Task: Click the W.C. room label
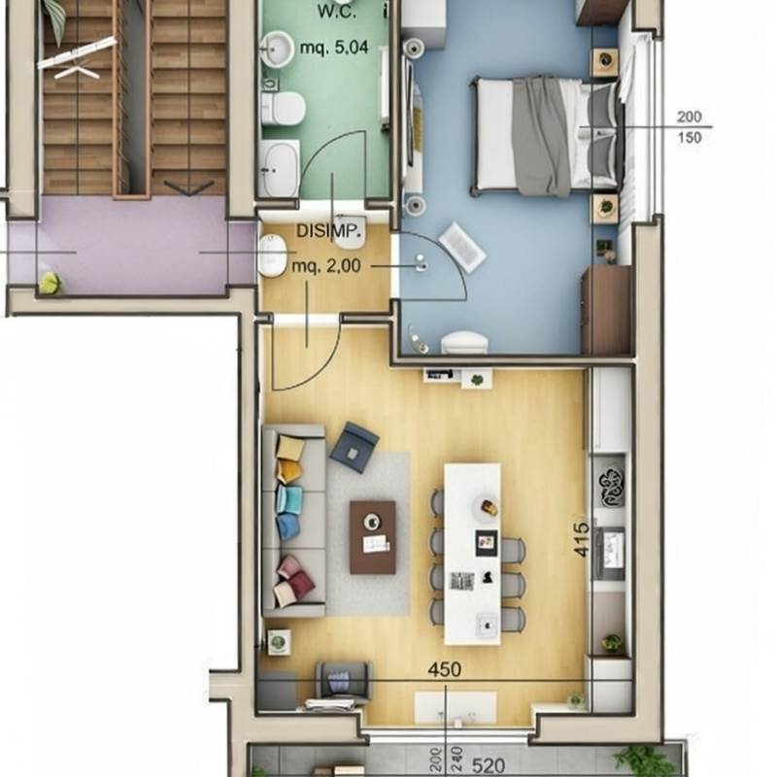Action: click(336, 12)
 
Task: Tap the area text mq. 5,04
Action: click(334, 48)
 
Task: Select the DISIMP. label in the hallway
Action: click(328, 231)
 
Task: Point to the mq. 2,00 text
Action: click(326, 266)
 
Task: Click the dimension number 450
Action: click(445, 670)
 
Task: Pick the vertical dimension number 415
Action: click(582, 539)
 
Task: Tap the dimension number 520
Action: click(489, 765)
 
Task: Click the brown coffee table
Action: click(373, 537)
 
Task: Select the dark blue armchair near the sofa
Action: click(354, 447)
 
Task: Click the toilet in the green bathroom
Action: click(283, 108)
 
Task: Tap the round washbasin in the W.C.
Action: click(277, 50)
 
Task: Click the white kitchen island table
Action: click(472, 554)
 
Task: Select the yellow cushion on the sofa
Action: click(290, 448)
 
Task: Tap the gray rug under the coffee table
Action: click(368, 533)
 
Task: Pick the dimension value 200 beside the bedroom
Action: click(690, 117)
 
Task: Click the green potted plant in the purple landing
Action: click(51, 283)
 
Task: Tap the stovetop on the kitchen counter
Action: click(612, 487)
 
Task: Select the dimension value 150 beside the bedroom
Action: click(690, 137)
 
